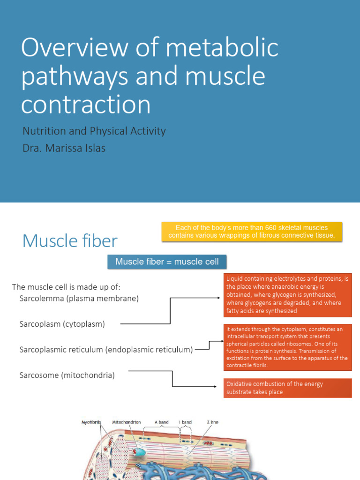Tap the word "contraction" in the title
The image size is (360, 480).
click(86, 105)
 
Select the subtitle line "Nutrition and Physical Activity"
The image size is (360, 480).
click(94, 131)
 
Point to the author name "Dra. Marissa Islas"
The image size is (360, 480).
click(64, 148)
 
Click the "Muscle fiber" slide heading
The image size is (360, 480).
click(70, 241)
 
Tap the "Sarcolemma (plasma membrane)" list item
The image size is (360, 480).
click(79, 298)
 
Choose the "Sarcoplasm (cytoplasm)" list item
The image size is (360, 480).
click(62, 324)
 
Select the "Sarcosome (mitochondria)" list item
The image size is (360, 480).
click(67, 375)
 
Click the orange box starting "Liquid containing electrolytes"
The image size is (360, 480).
click(287, 295)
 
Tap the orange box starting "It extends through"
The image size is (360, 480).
click(287, 347)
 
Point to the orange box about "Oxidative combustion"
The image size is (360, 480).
click(287, 388)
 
